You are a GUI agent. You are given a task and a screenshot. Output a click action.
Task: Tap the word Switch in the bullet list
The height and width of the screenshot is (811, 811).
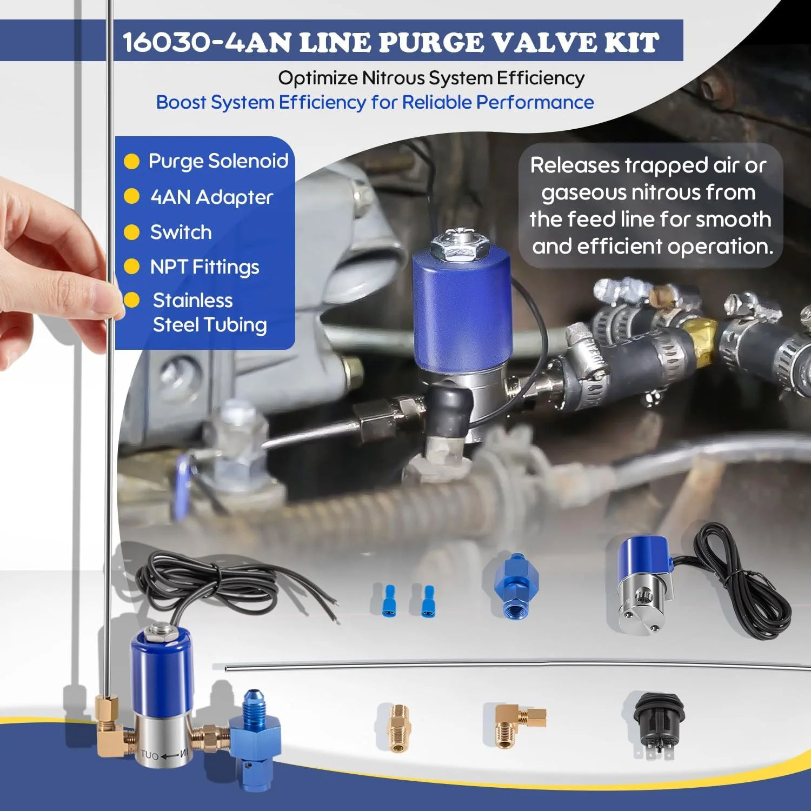pos(181,232)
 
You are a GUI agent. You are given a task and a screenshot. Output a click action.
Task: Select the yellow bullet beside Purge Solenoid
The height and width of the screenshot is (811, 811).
pos(131,161)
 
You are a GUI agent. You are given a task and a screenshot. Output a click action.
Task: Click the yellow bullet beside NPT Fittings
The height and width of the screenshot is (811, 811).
pos(131,267)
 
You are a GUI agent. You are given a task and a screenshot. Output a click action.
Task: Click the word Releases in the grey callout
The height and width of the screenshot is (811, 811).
pos(574,165)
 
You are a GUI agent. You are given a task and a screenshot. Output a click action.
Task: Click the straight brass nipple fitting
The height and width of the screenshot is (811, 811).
pos(398,728)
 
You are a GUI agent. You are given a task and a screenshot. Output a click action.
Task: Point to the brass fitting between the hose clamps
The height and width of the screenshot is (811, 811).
pos(702,334)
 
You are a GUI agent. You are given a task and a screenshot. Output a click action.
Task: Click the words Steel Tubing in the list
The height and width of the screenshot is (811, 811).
pos(210,325)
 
